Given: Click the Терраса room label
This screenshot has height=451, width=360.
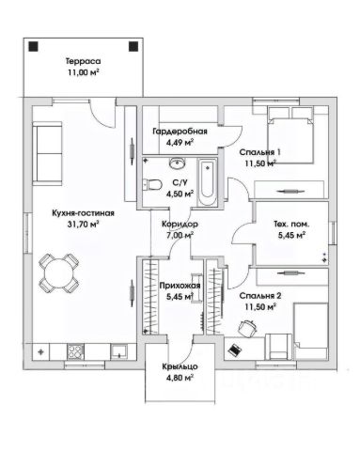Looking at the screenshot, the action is point(83,61).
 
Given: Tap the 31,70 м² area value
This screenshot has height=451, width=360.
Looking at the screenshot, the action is point(83,224).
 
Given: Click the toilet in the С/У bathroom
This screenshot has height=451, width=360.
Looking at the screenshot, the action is point(151,185).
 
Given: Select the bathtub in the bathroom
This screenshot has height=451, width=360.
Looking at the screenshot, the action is point(208,182).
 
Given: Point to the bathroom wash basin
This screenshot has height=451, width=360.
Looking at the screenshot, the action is point(178,163).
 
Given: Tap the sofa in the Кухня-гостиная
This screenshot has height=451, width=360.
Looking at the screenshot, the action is point(47,153).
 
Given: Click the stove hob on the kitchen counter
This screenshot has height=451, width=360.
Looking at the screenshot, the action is point(75,352).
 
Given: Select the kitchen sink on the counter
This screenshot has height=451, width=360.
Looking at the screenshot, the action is point(118,351).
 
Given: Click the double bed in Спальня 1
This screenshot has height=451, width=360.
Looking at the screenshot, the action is point(290,135).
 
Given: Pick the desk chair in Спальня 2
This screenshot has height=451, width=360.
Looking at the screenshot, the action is point(247,328).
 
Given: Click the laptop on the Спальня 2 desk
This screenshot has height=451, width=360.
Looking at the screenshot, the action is point(235,350).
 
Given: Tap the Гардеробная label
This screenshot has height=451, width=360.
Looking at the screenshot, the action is point(180,132).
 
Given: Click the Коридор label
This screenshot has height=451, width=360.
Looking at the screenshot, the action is point(180,224).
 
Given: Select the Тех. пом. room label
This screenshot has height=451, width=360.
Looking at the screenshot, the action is point(291,225).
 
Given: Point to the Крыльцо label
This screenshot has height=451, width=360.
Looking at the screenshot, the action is point(180,366).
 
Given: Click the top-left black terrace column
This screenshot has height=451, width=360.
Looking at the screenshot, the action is point(33,47).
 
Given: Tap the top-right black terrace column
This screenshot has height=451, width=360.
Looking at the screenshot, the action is point(133,46).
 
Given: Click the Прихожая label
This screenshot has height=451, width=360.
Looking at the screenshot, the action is point(180,286).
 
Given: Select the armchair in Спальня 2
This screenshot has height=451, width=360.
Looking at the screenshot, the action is point(279,347).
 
